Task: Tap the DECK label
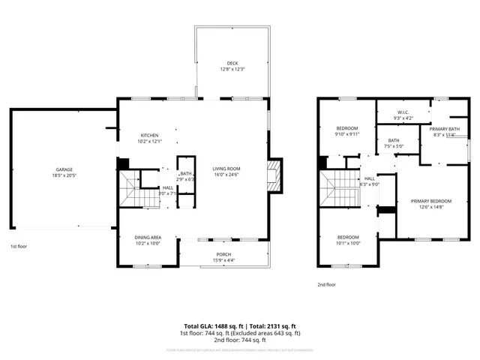click(x=233, y=63)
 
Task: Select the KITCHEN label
click(x=148, y=135)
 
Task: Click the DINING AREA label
click(x=148, y=237)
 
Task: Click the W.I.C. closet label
click(x=403, y=113)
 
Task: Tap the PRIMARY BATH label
click(x=444, y=129)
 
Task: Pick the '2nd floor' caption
click(x=326, y=285)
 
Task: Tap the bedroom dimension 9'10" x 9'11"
click(x=347, y=134)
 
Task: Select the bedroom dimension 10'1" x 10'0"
click(x=349, y=242)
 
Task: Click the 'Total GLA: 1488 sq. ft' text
click(x=212, y=326)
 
